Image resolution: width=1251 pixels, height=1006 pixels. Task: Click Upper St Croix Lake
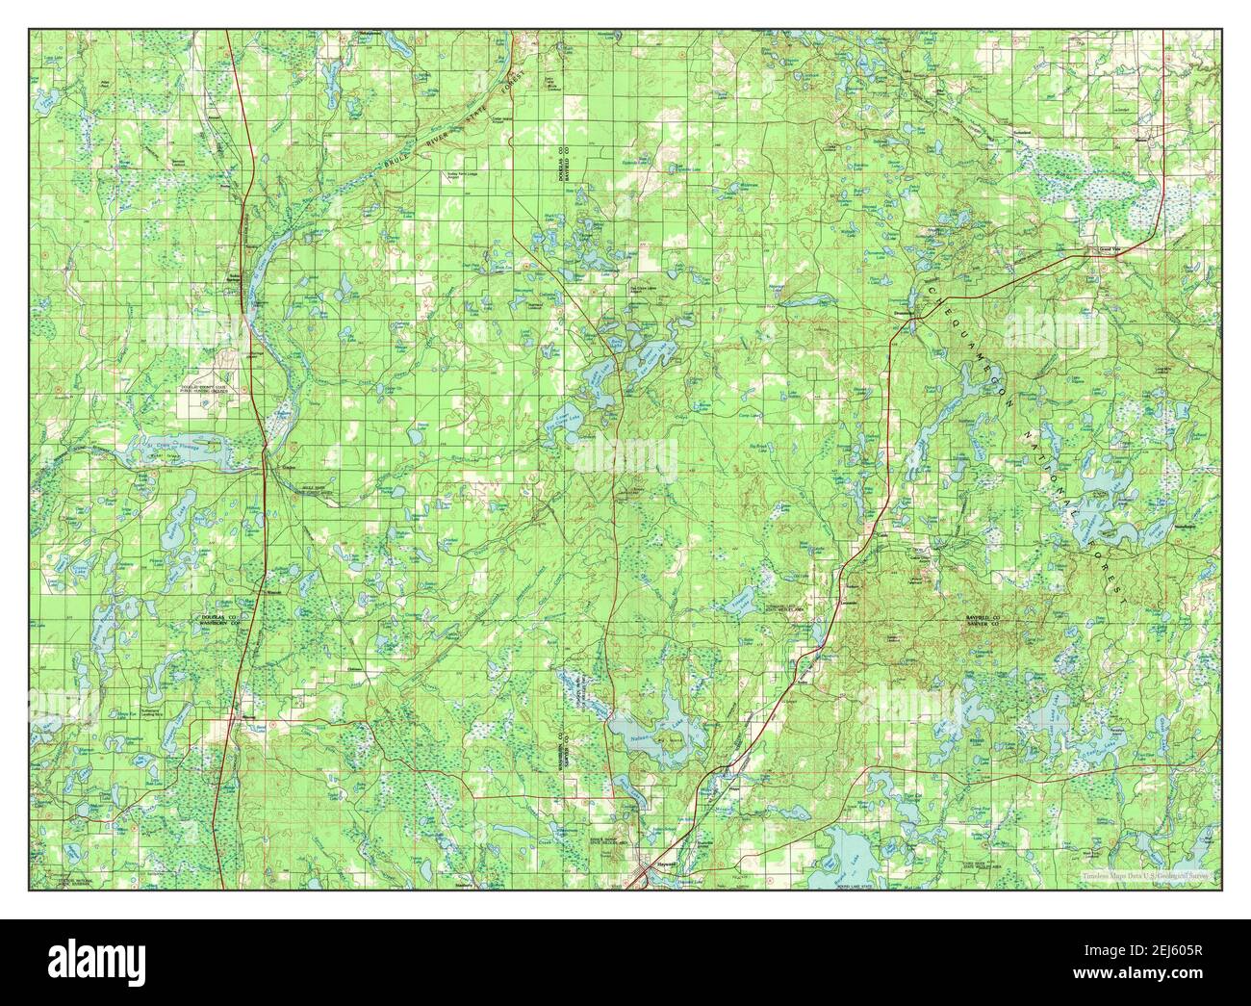(257, 276)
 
